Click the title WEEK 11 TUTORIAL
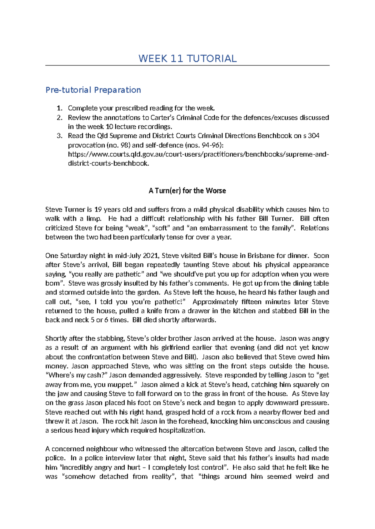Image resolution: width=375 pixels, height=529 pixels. [187, 58]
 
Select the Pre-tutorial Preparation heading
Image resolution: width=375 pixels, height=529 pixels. [93, 90]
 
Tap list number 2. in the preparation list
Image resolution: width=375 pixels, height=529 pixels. [59, 118]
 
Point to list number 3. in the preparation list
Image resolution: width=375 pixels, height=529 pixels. [59, 136]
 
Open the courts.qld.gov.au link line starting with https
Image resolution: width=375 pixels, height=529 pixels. [198, 154]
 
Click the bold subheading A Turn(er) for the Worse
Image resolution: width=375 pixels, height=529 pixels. [187, 191]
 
